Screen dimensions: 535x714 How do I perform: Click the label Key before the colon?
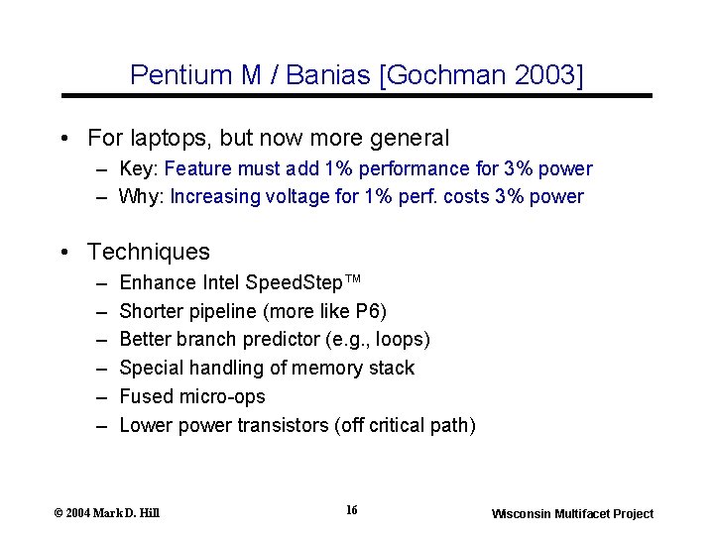point(137,168)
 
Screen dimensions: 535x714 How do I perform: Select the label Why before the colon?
point(140,196)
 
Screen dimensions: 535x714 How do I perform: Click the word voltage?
point(297,196)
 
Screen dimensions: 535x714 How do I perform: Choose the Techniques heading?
point(149,252)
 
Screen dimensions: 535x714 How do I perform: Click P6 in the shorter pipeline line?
point(365,311)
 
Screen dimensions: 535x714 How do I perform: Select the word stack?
point(393,368)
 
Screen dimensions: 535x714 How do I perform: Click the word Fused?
point(144,396)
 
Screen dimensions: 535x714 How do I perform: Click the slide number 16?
point(352,510)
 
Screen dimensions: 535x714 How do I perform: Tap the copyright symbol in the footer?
point(59,513)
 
